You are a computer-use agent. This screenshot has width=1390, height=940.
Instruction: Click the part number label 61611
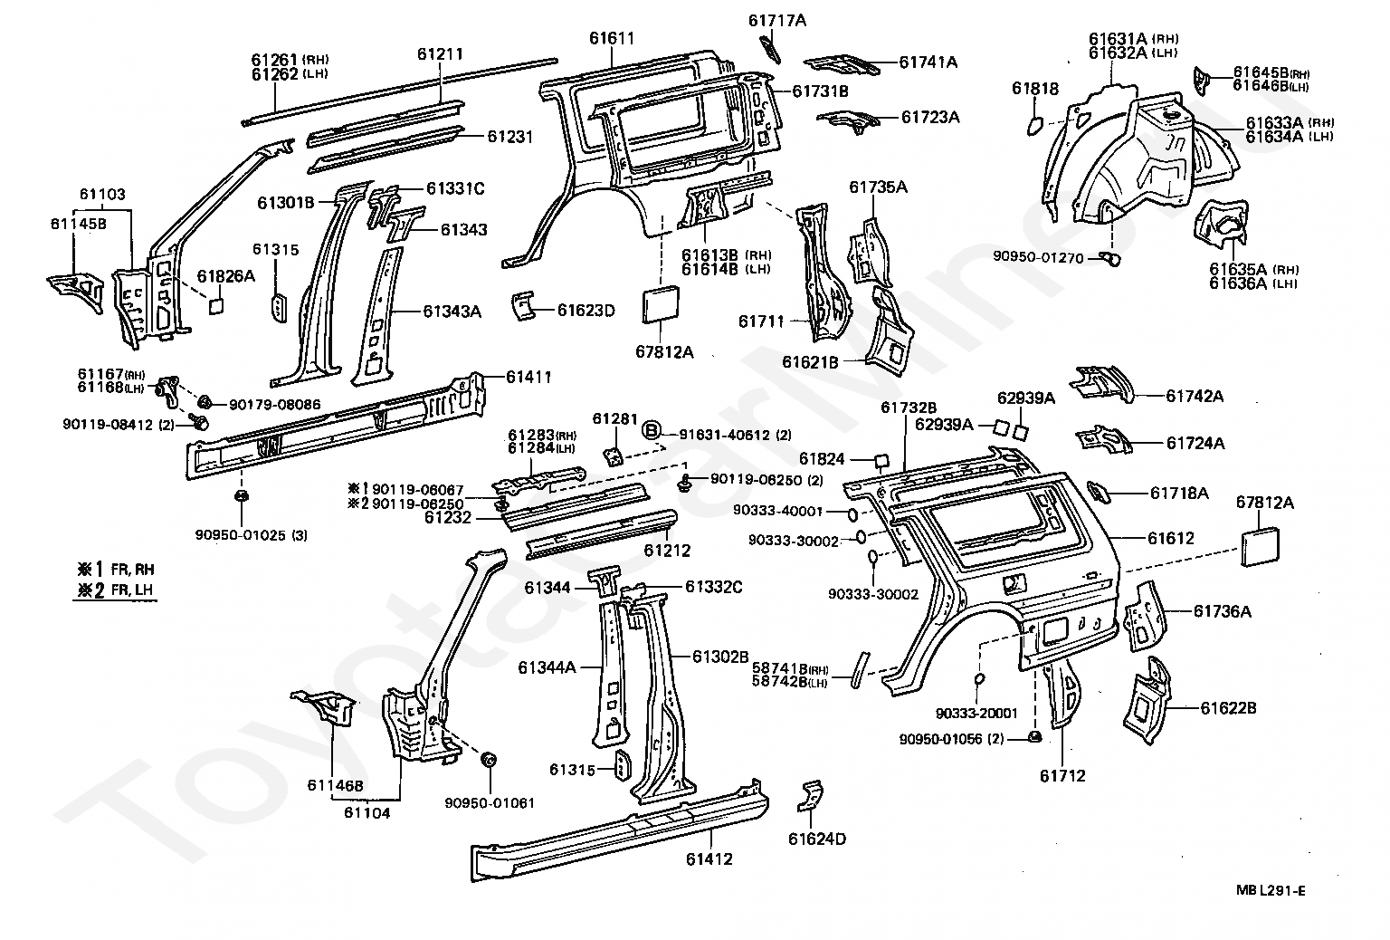click(611, 39)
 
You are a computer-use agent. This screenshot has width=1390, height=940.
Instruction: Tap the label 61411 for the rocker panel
click(529, 377)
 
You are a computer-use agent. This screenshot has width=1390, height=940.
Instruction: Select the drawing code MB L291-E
click(1271, 890)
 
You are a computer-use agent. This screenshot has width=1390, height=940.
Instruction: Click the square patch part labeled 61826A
click(216, 305)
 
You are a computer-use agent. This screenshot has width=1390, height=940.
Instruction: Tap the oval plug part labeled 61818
click(1035, 124)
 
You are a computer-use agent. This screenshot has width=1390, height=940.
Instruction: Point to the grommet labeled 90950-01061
click(489, 759)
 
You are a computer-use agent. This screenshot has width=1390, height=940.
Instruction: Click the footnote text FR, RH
click(132, 570)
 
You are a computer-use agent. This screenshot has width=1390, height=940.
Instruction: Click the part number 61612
click(1170, 538)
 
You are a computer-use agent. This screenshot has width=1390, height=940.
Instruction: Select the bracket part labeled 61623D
click(523, 306)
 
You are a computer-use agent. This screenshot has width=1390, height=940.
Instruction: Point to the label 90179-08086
click(274, 404)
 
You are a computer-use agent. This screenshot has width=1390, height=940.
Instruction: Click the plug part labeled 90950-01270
click(1113, 260)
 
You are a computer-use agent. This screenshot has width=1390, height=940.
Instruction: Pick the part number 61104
click(367, 812)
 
